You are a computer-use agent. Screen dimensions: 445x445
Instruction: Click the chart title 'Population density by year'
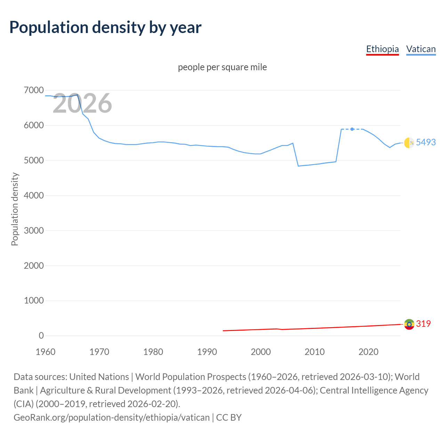point(105,27)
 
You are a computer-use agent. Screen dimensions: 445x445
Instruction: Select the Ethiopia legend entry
point(382,49)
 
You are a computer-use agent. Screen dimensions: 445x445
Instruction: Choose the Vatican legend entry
point(421,49)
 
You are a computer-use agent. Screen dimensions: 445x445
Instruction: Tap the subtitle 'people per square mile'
point(222,67)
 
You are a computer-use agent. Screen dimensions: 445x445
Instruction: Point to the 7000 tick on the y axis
point(34,90)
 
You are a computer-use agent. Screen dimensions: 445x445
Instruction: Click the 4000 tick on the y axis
point(34,195)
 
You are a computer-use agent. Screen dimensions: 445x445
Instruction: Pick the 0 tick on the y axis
point(41,335)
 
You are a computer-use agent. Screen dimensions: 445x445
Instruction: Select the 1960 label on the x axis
point(46,352)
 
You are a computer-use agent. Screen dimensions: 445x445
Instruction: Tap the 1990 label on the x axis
point(207,352)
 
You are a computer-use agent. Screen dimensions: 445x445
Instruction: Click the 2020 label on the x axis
point(368,352)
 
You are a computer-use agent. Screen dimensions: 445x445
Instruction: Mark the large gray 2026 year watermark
point(82,103)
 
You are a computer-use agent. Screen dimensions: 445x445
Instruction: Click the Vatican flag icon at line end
point(409,143)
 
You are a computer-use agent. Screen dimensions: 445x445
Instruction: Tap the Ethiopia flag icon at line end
point(409,324)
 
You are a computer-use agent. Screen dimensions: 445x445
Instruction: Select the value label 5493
point(426,142)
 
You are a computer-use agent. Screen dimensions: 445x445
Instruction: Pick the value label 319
point(423,324)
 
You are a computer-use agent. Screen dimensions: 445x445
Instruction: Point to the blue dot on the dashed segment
point(352,129)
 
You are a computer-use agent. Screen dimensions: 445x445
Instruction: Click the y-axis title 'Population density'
point(15,209)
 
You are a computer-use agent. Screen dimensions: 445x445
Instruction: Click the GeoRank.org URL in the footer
point(112,417)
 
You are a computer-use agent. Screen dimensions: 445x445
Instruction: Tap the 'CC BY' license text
point(229,417)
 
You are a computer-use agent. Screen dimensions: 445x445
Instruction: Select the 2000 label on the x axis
point(261,352)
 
